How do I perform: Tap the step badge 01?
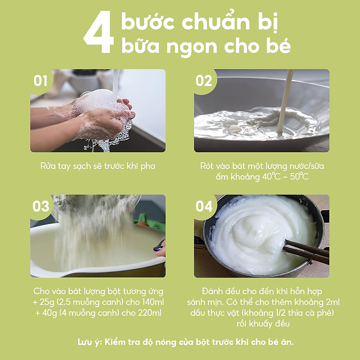[x=40, y=81]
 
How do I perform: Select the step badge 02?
[x=204, y=81]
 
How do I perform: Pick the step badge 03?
[x=41, y=206]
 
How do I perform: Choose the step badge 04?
[x=204, y=206]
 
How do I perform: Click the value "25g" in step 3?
[x=51, y=302]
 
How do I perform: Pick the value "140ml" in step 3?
[x=150, y=302]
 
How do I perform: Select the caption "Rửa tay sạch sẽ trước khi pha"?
[x=97, y=166]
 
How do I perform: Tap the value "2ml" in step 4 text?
[x=331, y=302]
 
